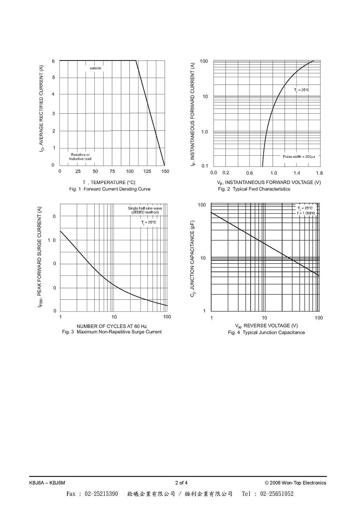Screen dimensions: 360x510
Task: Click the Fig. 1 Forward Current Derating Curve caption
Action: tap(110, 189)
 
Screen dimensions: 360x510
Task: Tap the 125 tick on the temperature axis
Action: tap(147, 172)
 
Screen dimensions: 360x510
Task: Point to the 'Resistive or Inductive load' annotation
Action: tap(80, 157)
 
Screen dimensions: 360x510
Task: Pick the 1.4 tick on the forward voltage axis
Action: tap(297, 173)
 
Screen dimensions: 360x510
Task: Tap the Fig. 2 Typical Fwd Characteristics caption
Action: tap(254, 189)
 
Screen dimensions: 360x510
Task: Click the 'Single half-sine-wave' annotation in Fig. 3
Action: tap(145, 208)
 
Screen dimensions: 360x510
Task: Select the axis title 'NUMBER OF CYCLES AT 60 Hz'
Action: tap(112, 326)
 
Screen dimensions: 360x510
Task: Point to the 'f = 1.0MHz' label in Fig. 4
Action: tap(306, 213)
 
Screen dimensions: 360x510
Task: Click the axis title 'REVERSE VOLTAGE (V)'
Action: tap(271, 326)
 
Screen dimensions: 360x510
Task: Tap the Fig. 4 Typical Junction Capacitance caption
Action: tap(267, 332)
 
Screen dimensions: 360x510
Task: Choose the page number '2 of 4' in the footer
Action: tap(181, 483)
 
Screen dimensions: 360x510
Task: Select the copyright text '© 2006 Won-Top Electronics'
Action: tap(295, 483)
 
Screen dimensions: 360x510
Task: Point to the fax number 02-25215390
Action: tap(102, 494)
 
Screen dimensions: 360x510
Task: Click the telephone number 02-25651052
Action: tap(277, 494)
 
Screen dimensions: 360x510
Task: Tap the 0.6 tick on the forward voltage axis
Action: tap(249, 173)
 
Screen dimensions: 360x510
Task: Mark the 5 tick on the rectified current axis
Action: tap(53, 77)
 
